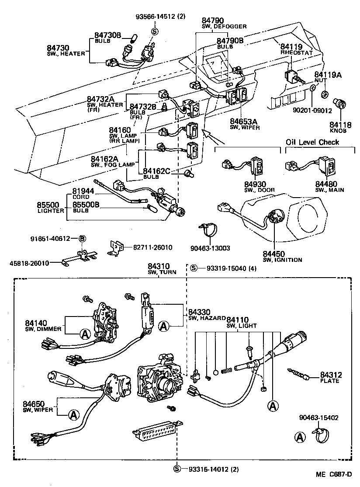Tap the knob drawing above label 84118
(x=340, y=104)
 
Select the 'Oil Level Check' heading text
(x=312, y=142)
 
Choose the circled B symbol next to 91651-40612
(x=82, y=238)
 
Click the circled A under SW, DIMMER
(x=85, y=334)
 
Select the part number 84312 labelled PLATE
(x=331, y=375)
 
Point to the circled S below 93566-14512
(x=154, y=31)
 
